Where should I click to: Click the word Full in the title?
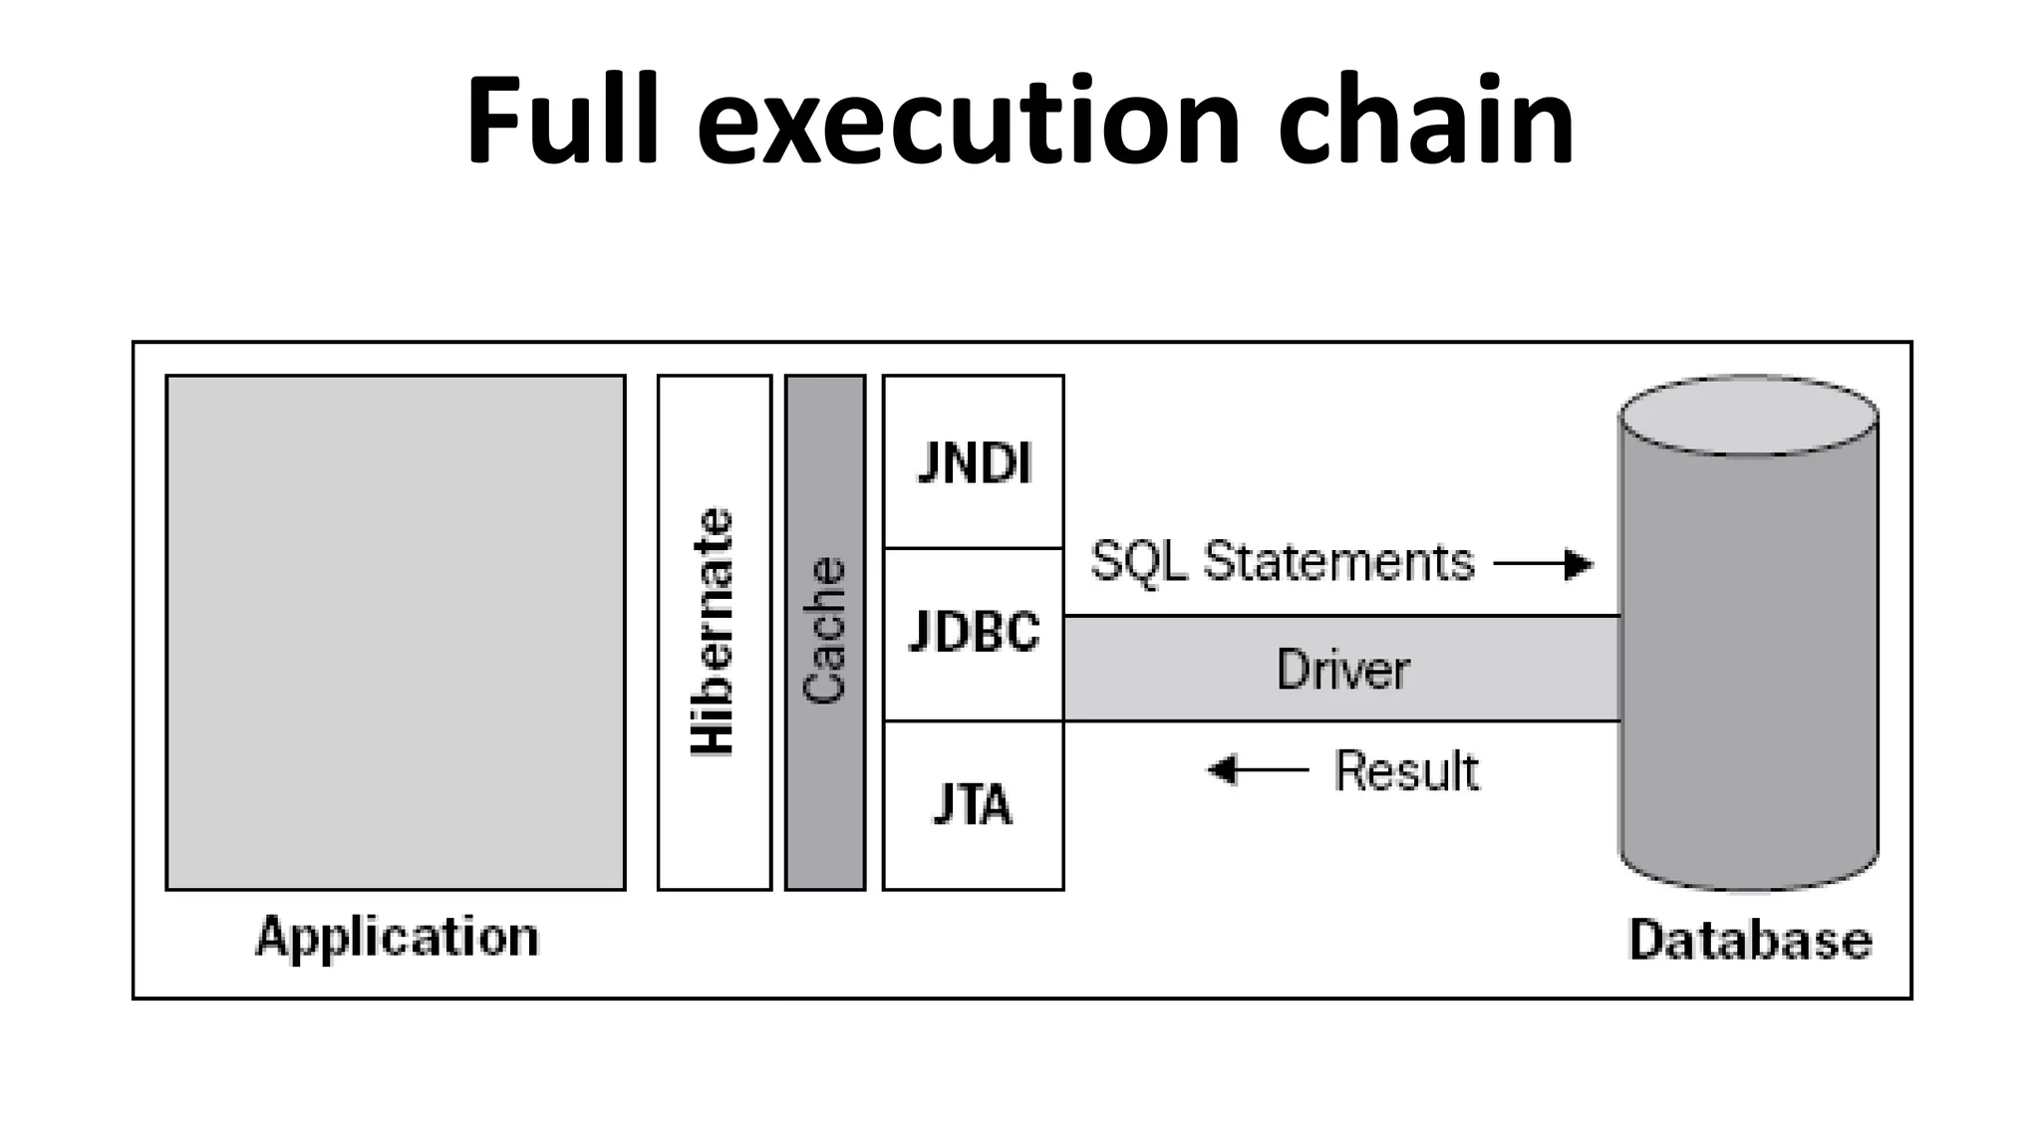coord(562,122)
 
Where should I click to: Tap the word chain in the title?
coord(1425,122)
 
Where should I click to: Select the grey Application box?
coord(396,632)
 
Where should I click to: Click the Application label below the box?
coord(397,938)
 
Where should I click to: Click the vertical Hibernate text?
coord(714,632)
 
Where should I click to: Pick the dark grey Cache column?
coord(825,632)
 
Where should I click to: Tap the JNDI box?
coord(974,462)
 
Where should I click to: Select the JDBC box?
coord(974,632)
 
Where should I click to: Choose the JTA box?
coord(974,805)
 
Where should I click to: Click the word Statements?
coord(1338,562)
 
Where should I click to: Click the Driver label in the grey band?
coord(1342,670)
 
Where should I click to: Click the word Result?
coord(1406,771)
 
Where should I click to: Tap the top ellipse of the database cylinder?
coord(1748,416)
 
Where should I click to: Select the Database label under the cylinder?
coord(1749,940)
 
